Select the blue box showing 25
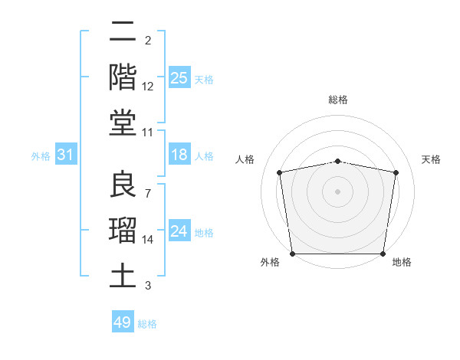coord(179,77)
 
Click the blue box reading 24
coord(179,231)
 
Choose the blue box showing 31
coord(65,155)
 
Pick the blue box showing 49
coord(123,322)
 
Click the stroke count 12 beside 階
coord(148,87)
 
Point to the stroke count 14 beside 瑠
coord(148,240)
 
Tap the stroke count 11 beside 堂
coord(148,132)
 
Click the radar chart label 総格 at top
coord(338,100)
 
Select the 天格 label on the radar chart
coord(432,159)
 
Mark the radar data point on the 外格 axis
coord(292,254)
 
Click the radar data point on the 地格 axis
coord(383,254)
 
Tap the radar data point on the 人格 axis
coord(280,172)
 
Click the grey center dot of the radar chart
coord(338,191)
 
